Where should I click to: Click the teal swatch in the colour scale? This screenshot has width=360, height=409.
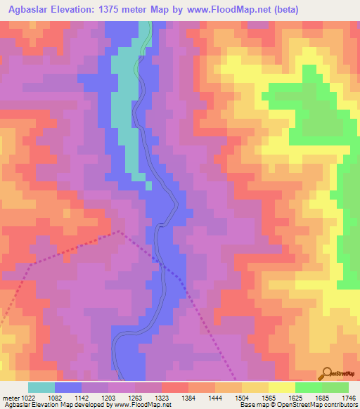[41, 387]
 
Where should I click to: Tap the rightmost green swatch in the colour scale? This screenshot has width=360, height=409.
[335, 387]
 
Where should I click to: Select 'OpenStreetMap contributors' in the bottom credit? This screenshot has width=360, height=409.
[317, 405]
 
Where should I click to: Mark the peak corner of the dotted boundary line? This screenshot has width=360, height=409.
[120, 231]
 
